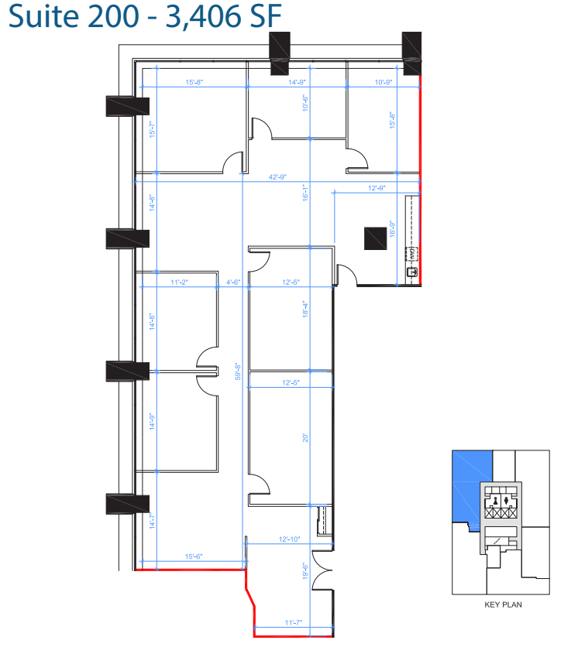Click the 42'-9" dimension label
coord(277,177)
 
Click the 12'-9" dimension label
coord(377,188)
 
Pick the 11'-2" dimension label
coord(179,282)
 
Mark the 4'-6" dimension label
coord(233,282)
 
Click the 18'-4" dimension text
coord(306,309)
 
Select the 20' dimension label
coord(306,437)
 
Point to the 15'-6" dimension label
coord(195,556)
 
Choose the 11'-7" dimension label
coord(294,622)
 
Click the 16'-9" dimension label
coord(393,229)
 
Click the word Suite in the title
coord(40,17)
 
